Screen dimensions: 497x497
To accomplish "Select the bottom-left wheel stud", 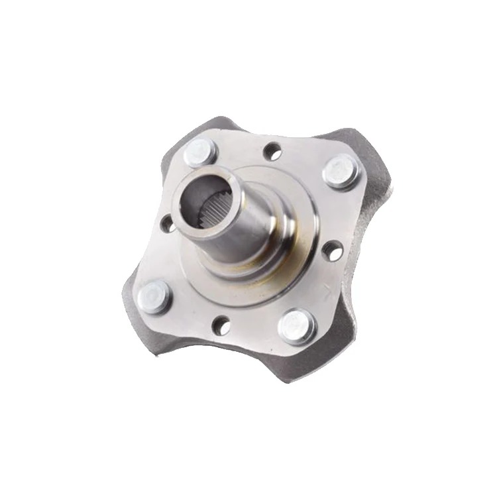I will [156, 295].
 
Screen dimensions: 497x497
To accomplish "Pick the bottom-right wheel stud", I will [295, 325].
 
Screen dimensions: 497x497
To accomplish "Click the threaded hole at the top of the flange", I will [272, 152].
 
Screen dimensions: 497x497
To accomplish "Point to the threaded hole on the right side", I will [332, 250].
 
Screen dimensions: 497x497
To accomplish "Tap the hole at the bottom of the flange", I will [222, 325].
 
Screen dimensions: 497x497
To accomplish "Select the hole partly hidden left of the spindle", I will [168, 225].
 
